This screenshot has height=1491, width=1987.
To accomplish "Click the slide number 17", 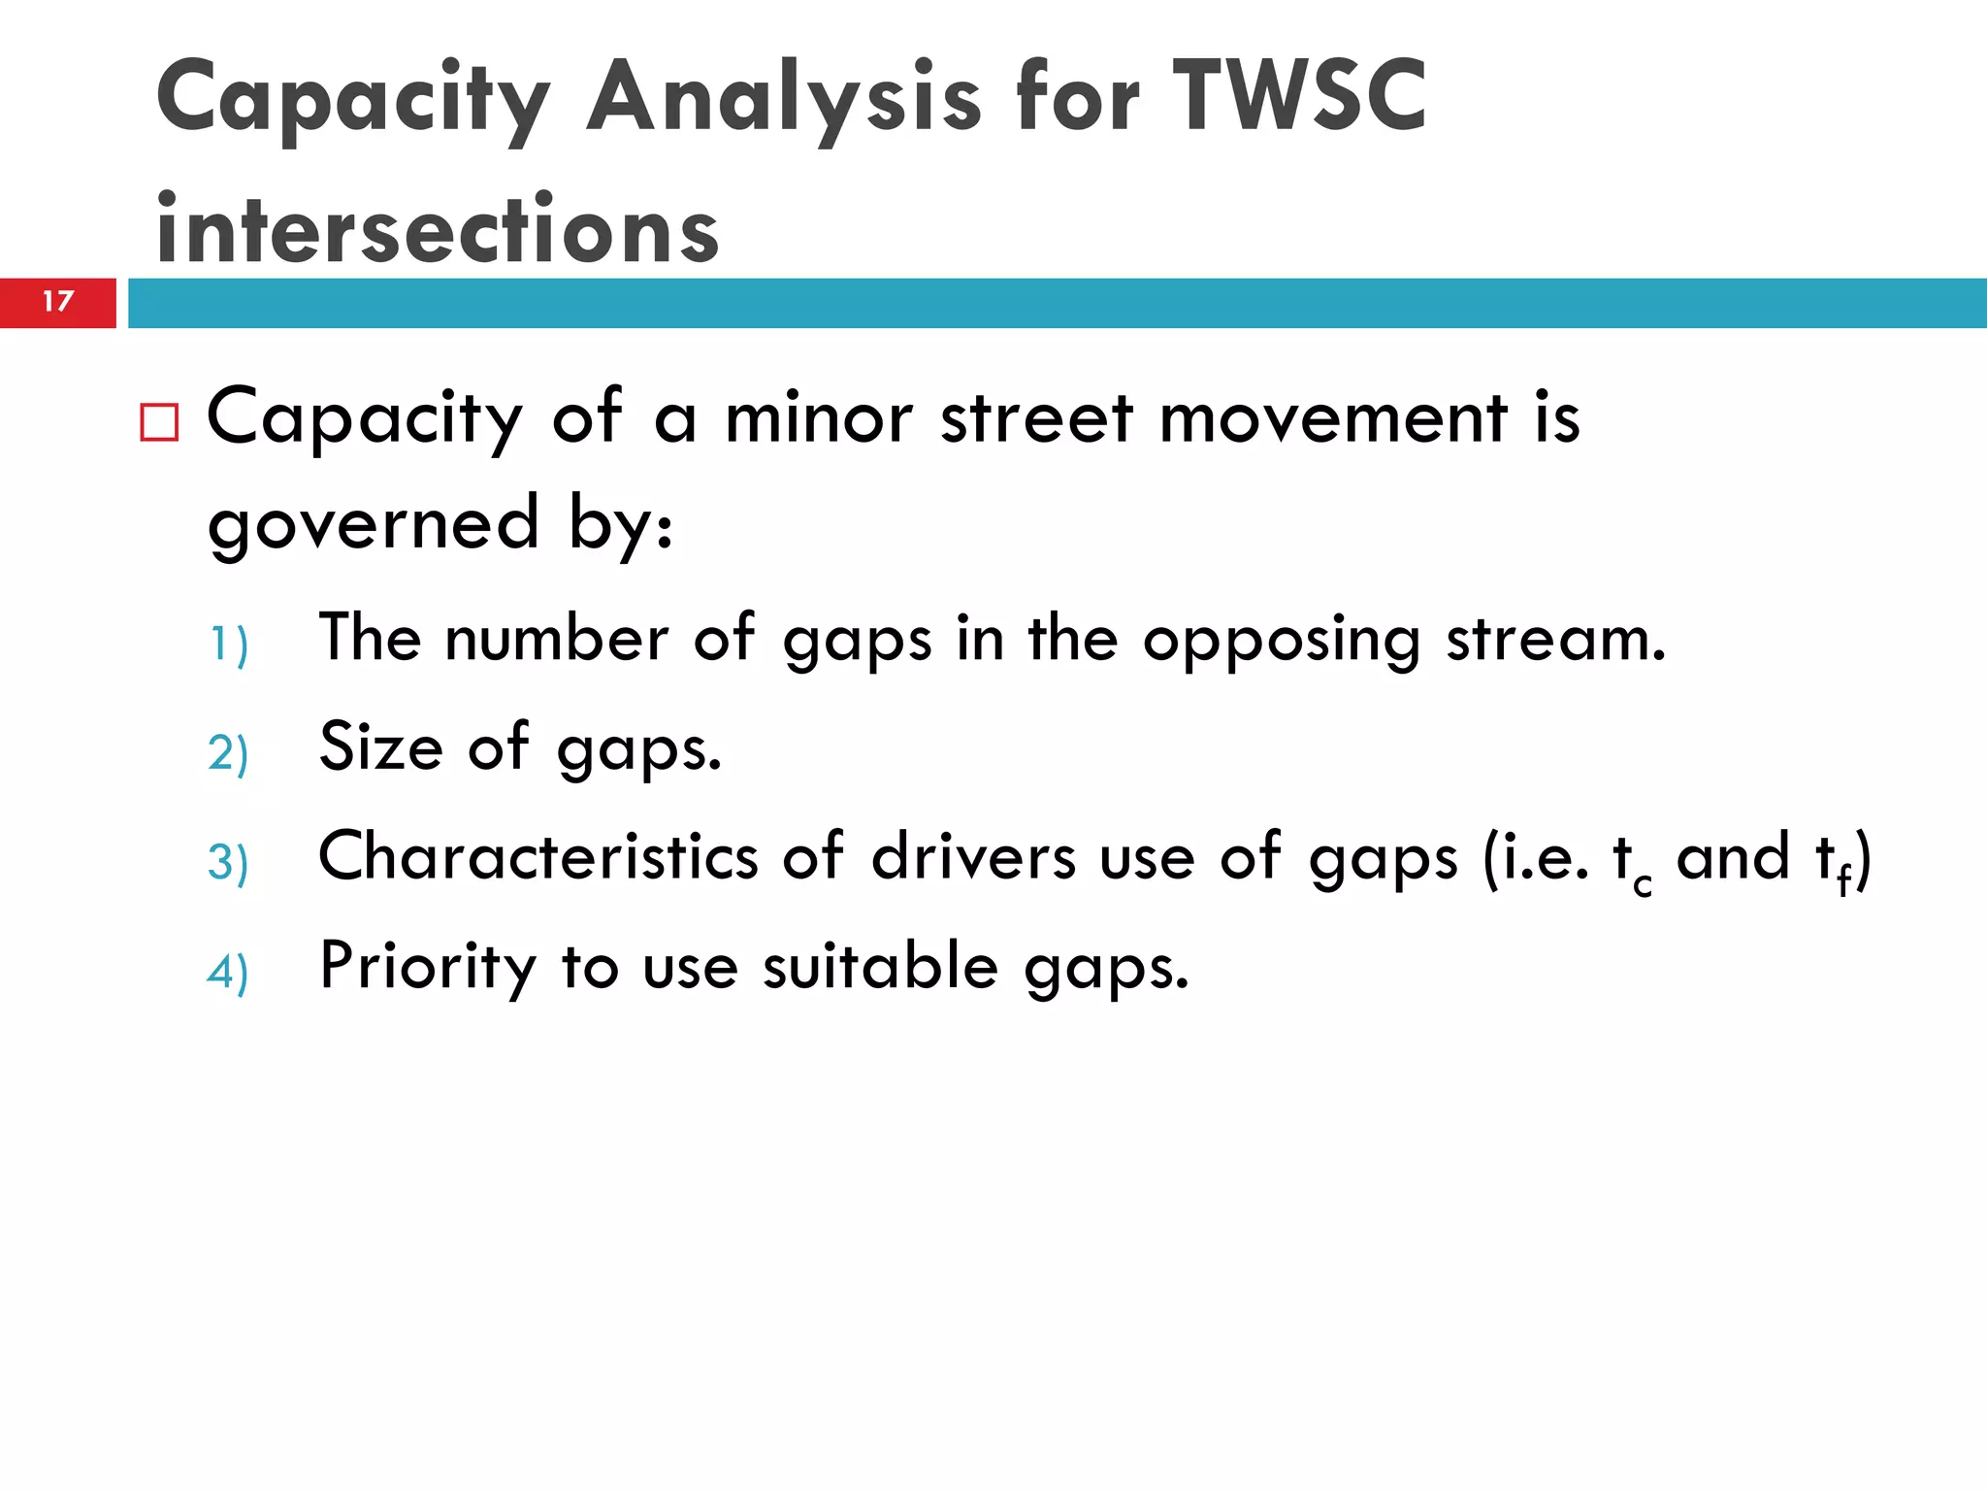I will tap(58, 301).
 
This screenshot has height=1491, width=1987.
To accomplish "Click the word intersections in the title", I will tap(438, 229).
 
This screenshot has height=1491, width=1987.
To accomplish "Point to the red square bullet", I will tap(159, 422).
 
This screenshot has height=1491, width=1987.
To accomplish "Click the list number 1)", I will tap(229, 645).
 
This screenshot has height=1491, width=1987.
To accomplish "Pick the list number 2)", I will tap(229, 753).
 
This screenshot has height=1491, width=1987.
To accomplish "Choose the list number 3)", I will tap(229, 863).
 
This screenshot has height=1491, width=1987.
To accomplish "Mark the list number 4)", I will tap(229, 972).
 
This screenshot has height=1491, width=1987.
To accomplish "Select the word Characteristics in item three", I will tap(538, 857).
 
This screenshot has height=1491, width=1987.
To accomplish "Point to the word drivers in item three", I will tap(973, 857).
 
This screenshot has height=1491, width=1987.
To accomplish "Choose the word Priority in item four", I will tap(428, 968).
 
